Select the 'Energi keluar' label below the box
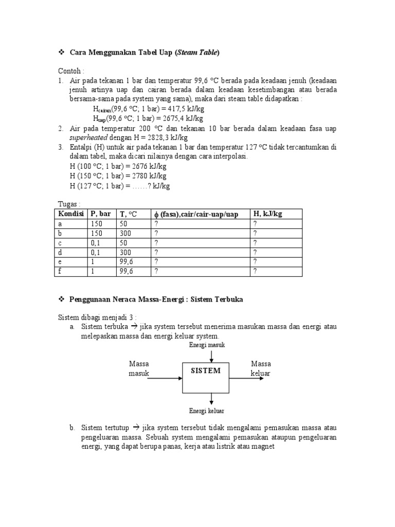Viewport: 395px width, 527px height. (x=206, y=411)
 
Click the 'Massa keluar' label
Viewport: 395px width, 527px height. (x=260, y=368)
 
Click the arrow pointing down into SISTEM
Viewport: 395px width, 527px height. (x=211, y=355)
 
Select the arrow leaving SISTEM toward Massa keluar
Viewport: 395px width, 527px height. (x=249, y=377)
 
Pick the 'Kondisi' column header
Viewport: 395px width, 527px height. (x=71, y=214)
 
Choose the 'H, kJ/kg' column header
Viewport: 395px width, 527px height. (x=267, y=214)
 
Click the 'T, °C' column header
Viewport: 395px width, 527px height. (x=128, y=214)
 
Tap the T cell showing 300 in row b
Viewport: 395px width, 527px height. (x=125, y=233)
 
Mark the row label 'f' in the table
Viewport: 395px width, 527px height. (x=60, y=271)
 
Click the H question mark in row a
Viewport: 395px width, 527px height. (x=255, y=224)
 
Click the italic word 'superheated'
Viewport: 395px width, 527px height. (x=88, y=138)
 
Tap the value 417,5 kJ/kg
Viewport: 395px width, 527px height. (x=180, y=109)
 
